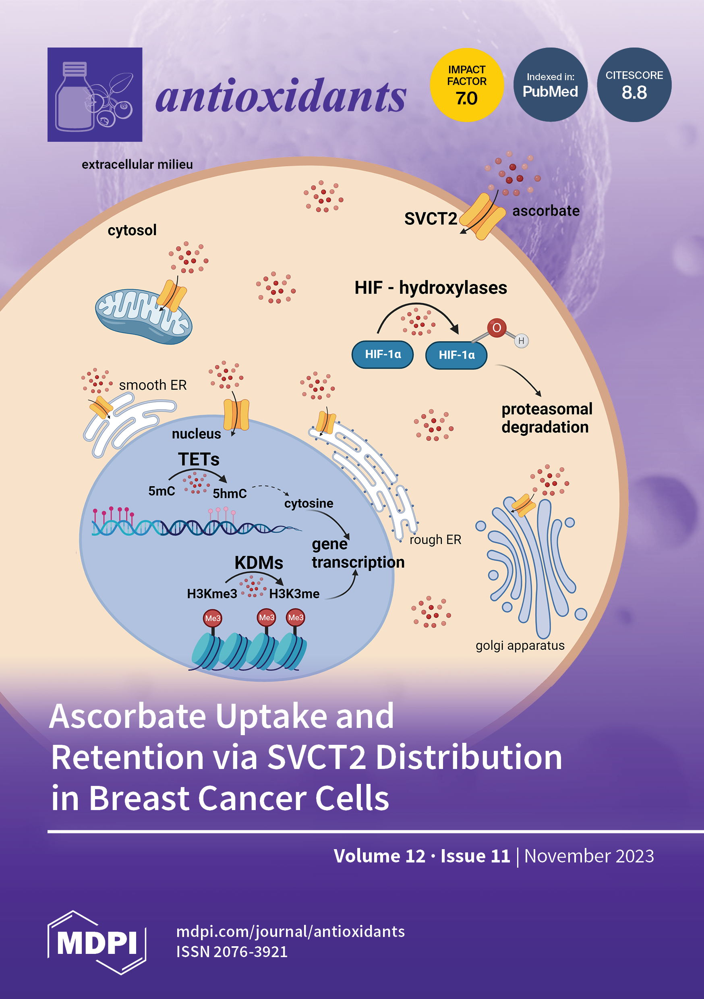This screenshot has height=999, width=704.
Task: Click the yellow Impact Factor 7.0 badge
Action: [x=466, y=85]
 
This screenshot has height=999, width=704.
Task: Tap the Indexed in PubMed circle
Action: [x=551, y=85]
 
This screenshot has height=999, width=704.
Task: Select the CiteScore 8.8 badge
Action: [x=634, y=85]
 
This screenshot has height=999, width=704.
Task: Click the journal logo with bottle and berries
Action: [x=95, y=94]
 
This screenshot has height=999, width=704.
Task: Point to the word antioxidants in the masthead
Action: [x=281, y=96]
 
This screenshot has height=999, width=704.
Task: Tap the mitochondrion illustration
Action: [x=144, y=315]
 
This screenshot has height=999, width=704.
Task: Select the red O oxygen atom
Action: [x=497, y=327]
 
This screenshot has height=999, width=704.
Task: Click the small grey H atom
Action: [x=521, y=341]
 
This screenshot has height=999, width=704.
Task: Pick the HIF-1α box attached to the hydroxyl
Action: [x=456, y=355]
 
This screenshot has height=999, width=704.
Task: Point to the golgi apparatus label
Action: [x=520, y=645]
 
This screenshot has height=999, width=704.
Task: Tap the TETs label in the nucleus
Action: [x=199, y=460]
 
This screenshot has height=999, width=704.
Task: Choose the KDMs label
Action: [x=259, y=563]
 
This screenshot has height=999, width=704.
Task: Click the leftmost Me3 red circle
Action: [x=213, y=618]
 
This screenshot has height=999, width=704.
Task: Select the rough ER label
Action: [x=435, y=539]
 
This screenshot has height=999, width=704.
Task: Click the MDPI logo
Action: [x=97, y=943]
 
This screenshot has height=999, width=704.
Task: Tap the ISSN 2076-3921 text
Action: [x=232, y=952]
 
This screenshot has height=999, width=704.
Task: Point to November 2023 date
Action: [x=589, y=856]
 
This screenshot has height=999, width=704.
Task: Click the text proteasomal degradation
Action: [x=546, y=418]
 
